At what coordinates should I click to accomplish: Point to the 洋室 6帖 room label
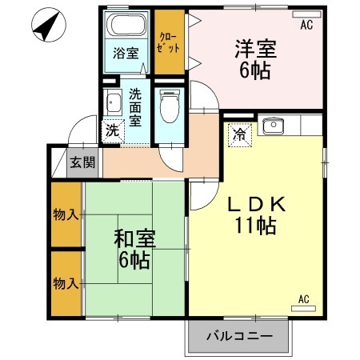point(255,58)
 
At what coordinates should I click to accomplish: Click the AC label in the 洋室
point(306,25)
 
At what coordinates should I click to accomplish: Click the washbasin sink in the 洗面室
point(112,102)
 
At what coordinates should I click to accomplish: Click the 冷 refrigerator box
point(238,134)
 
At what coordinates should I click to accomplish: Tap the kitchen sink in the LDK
point(274,126)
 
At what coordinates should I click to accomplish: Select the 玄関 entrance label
point(82,162)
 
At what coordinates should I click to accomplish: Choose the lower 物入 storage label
point(66,283)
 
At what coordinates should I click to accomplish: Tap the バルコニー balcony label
point(238,337)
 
